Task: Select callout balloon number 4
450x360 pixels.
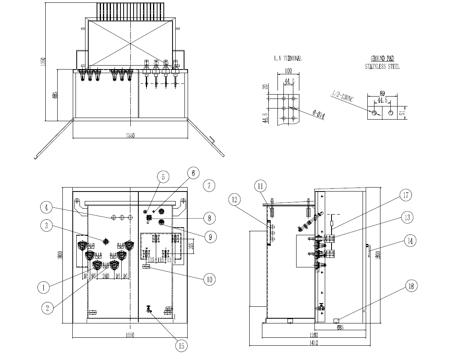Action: click(x=47, y=207)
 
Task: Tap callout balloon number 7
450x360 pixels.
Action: click(x=209, y=185)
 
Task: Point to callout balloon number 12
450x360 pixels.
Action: click(x=235, y=199)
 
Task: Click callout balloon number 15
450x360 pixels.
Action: click(x=181, y=346)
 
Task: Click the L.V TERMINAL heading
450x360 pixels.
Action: click(x=288, y=58)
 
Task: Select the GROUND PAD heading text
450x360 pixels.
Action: click(x=382, y=58)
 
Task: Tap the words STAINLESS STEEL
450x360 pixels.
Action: click(x=382, y=67)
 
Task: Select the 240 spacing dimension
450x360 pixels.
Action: click(x=106, y=276)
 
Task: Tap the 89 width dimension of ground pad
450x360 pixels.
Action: click(x=382, y=94)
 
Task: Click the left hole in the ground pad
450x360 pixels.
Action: click(x=374, y=113)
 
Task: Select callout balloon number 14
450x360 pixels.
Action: click(x=410, y=240)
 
